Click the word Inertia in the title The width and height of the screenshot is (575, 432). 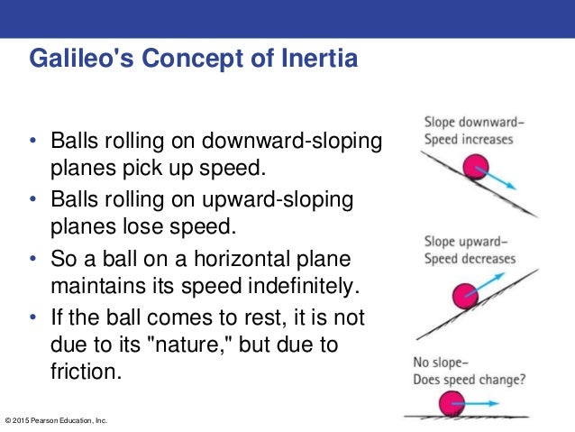pos(312,60)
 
